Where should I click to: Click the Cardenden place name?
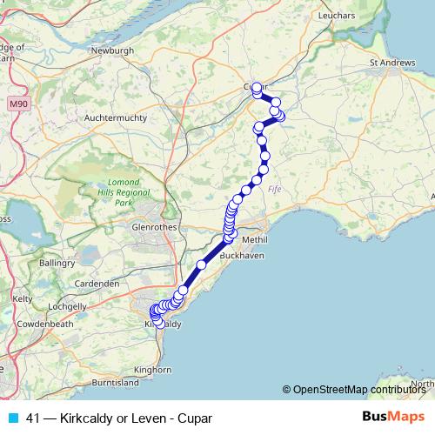click(97, 284)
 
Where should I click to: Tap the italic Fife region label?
click(275, 189)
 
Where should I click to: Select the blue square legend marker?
click(12, 418)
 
